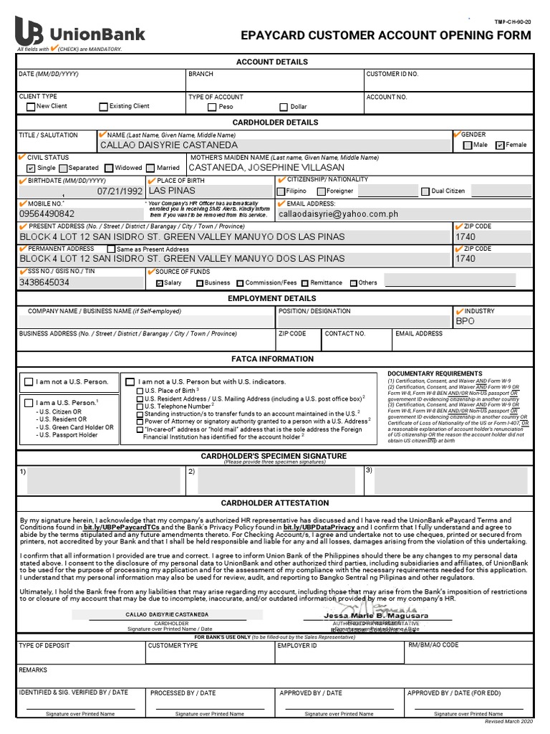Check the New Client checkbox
(x=30, y=107)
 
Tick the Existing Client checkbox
(x=103, y=107)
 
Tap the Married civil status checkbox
(x=152, y=168)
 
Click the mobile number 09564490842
(x=47, y=214)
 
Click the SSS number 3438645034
(x=44, y=282)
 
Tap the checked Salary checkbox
(x=160, y=283)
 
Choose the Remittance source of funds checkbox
(x=305, y=283)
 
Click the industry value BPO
(x=465, y=322)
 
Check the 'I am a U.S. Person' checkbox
(x=29, y=403)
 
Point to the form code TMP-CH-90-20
(x=514, y=23)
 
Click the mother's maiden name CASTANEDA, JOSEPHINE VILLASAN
(x=266, y=167)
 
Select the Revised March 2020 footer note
(x=510, y=720)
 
